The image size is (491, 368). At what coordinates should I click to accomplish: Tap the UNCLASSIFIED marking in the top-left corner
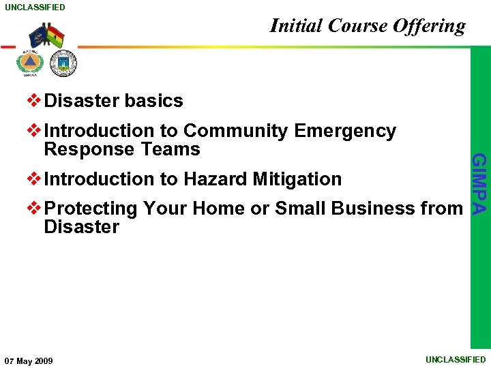[35, 7]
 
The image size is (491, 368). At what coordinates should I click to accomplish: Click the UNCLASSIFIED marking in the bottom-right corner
[456, 359]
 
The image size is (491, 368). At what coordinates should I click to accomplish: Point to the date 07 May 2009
[29, 360]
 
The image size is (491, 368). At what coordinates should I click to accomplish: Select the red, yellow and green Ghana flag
[55, 35]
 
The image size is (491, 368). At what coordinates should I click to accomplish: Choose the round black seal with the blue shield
[63, 64]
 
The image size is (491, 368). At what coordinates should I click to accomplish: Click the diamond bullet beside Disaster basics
[33, 100]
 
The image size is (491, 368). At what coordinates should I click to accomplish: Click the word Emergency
[345, 131]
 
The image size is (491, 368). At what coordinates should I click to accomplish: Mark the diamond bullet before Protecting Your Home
[33, 208]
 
